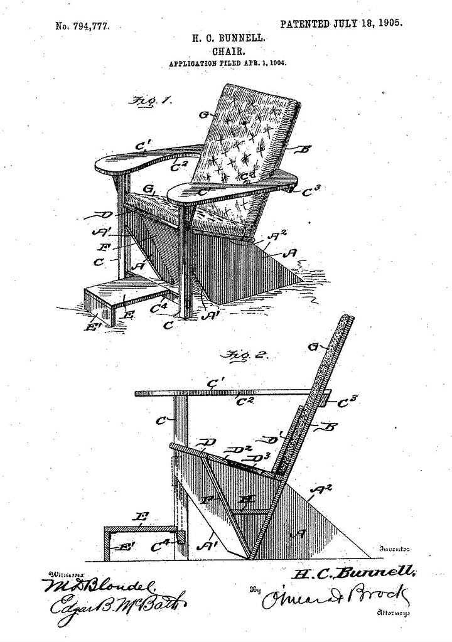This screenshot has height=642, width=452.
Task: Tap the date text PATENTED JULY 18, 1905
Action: pos(341,24)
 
